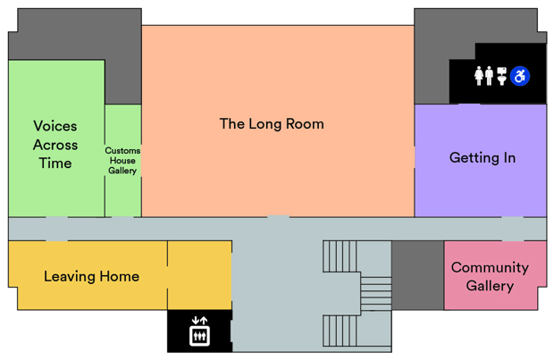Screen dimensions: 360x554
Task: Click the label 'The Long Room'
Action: (x=272, y=124)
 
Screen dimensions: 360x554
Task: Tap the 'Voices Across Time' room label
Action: (x=55, y=145)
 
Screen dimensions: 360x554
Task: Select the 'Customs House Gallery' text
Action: (x=122, y=161)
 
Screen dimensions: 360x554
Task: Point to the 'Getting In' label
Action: (x=482, y=158)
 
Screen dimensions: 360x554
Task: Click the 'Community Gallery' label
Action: (x=489, y=277)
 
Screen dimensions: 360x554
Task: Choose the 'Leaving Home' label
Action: (x=91, y=277)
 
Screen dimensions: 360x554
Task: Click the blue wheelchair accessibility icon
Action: (x=520, y=76)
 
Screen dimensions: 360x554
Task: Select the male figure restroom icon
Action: (x=490, y=76)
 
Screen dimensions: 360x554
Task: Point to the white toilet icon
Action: (x=502, y=76)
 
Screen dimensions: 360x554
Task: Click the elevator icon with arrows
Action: (x=199, y=333)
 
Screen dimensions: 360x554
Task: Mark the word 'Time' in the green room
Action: (x=55, y=163)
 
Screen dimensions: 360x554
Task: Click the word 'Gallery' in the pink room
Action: (x=489, y=286)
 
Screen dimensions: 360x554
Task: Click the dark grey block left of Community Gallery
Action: (x=417, y=275)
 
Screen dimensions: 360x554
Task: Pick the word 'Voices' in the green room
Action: (x=55, y=126)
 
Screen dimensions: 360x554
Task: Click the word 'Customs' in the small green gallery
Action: (x=122, y=151)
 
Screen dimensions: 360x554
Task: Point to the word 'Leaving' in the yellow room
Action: (x=70, y=277)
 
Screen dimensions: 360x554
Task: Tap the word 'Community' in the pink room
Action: (x=489, y=267)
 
